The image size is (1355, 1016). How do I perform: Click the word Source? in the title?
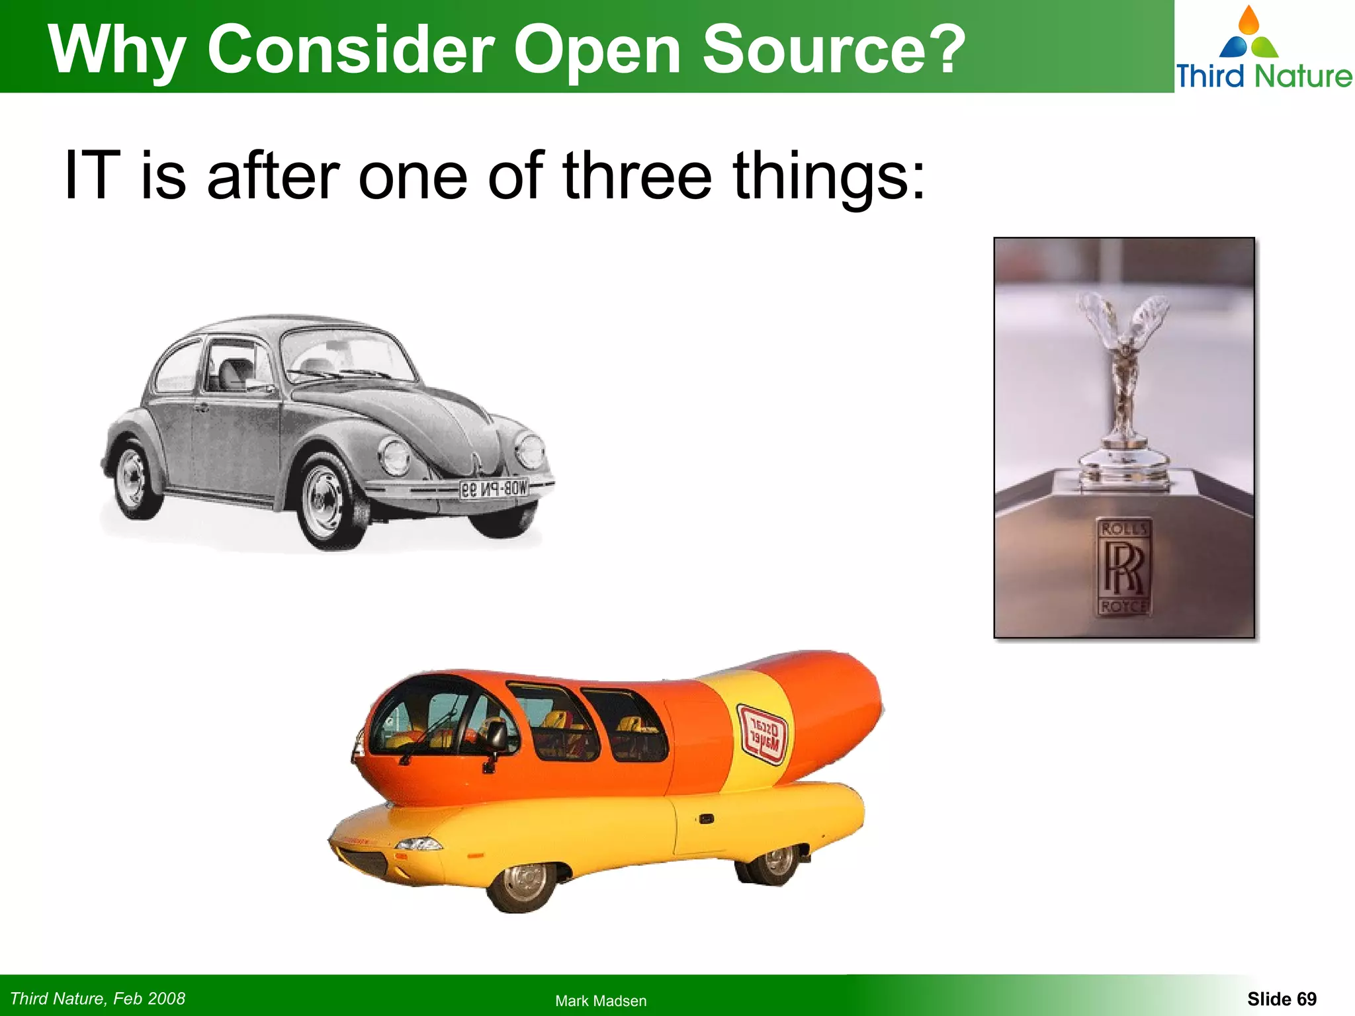click(834, 50)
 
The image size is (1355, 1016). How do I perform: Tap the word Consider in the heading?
click(351, 50)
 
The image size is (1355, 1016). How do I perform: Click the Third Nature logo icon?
click(1248, 33)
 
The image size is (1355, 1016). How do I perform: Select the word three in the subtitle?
click(636, 175)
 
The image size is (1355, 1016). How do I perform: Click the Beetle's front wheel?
click(324, 501)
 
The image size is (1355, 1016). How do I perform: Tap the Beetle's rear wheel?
click(135, 480)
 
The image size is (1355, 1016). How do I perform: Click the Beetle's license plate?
click(494, 489)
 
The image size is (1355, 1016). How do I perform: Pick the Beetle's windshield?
click(349, 357)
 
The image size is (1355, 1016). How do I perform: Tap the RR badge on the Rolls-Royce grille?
click(1123, 568)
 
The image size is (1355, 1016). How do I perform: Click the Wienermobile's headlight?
click(418, 843)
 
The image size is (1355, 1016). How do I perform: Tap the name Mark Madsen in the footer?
click(601, 1001)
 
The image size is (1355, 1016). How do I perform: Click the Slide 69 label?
click(1282, 999)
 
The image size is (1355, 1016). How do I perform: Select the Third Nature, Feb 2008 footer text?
click(98, 999)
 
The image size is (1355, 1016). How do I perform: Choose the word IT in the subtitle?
click(92, 175)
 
